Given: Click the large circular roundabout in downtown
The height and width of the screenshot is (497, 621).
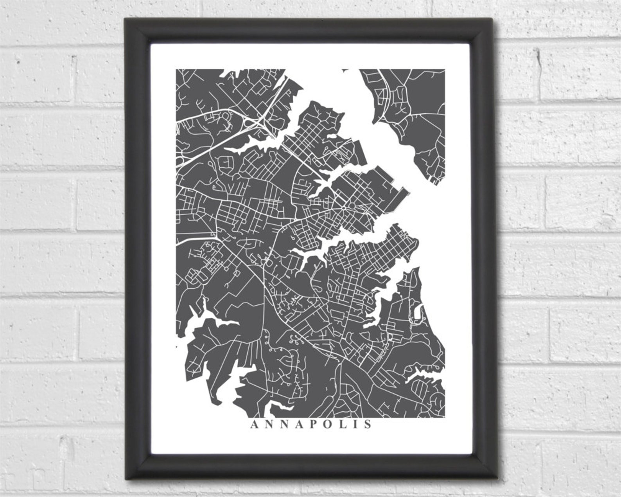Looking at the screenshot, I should point(351,206).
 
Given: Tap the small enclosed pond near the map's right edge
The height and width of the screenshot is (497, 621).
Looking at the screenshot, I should point(417,313).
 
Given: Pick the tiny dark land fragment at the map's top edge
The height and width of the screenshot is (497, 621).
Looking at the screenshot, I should point(345,70).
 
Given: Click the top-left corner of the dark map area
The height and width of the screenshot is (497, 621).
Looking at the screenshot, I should point(176,69).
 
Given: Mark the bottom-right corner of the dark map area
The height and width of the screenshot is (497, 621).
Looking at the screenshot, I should point(445,417).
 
